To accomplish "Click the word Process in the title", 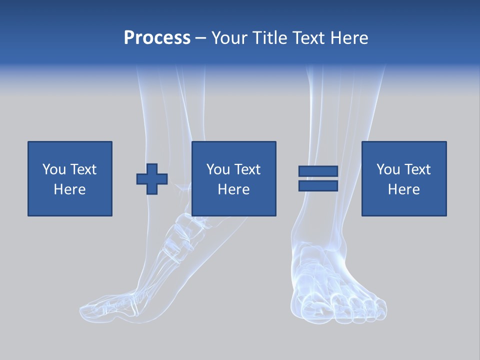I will click(x=157, y=37).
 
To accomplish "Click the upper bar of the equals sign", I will click(x=318, y=171).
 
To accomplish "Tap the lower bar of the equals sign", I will click(x=318, y=185).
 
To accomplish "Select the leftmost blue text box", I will click(x=69, y=178).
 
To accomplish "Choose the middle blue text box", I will click(x=233, y=178).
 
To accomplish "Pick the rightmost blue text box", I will click(x=403, y=178).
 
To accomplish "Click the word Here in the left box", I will click(x=69, y=189).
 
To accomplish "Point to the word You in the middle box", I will click(x=218, y=169).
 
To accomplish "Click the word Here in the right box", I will click(x=403, y=189).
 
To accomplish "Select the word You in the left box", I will click(x=54, y=169).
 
